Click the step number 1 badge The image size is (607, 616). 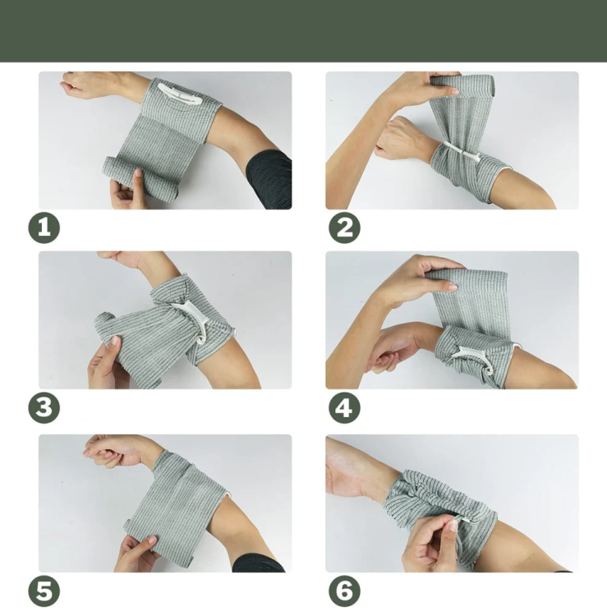coord(44,228)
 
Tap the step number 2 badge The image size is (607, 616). coord(344,228)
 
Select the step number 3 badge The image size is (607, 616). coord(44,407)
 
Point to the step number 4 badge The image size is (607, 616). coord(344,407)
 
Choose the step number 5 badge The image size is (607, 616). coord(44,591)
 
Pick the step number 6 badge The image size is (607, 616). coord(344,591)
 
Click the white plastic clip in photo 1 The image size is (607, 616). coord(180,94)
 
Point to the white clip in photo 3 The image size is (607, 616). coord(192,318)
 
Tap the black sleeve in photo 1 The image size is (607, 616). coord(271,181)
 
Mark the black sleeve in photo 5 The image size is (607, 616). coord(257,563)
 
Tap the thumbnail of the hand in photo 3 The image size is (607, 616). coord(115,340)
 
